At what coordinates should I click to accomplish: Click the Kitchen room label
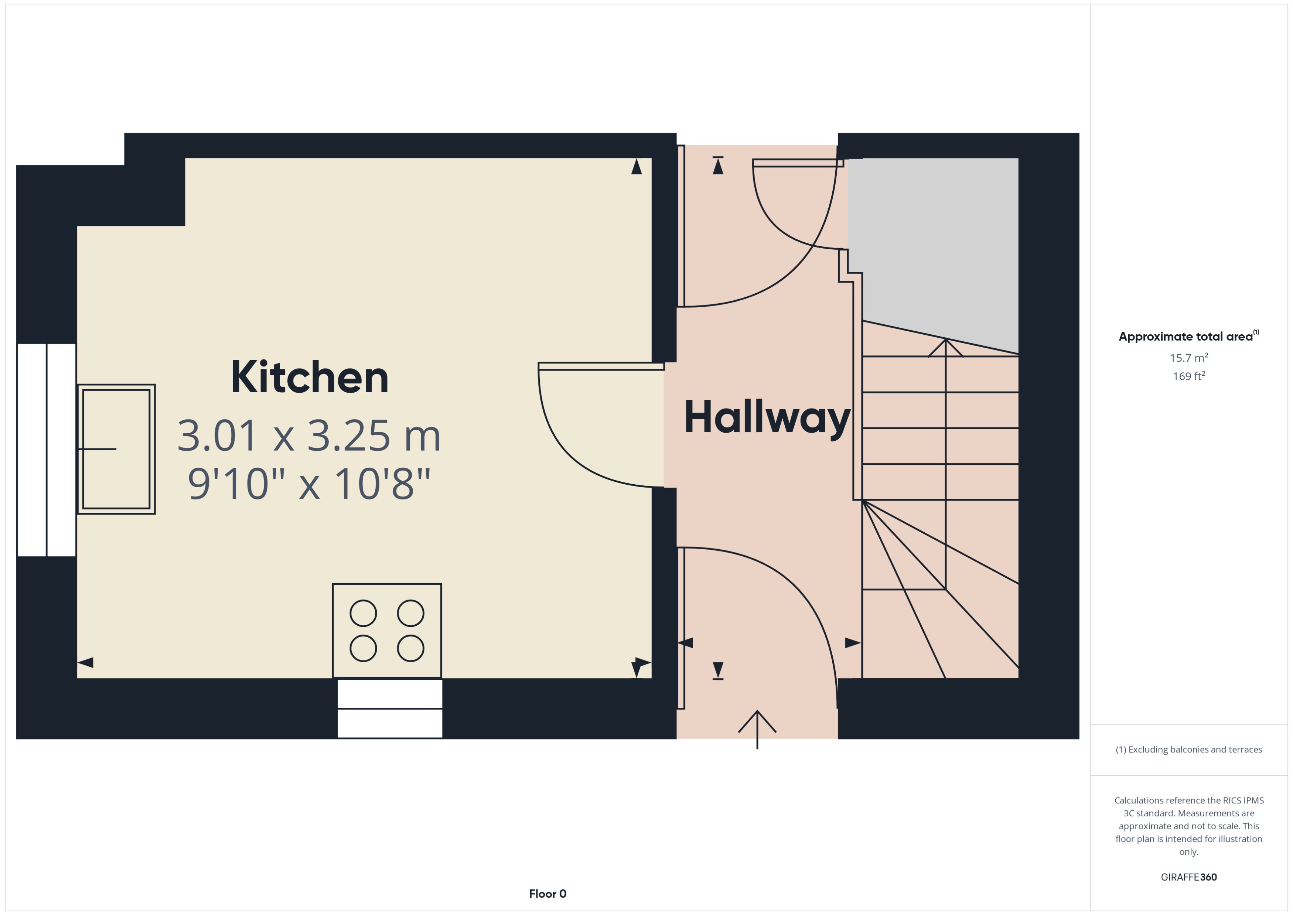point(309,378)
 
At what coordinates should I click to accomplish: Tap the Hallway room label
point(767,417)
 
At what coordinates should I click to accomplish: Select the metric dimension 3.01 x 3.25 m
point(309,436)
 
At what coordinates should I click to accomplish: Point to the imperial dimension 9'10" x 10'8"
point(309,484)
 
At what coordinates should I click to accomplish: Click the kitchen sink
point(116,449)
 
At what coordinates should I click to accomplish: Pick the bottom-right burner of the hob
point(411,649)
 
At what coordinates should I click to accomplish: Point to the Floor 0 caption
point(547,894)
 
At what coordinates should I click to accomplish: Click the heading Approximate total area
point(1188,337)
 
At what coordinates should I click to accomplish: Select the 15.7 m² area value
point(1188,358)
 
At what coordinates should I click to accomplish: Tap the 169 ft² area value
point(1188,376)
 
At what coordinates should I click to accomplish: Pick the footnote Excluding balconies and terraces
point(1188,750)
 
